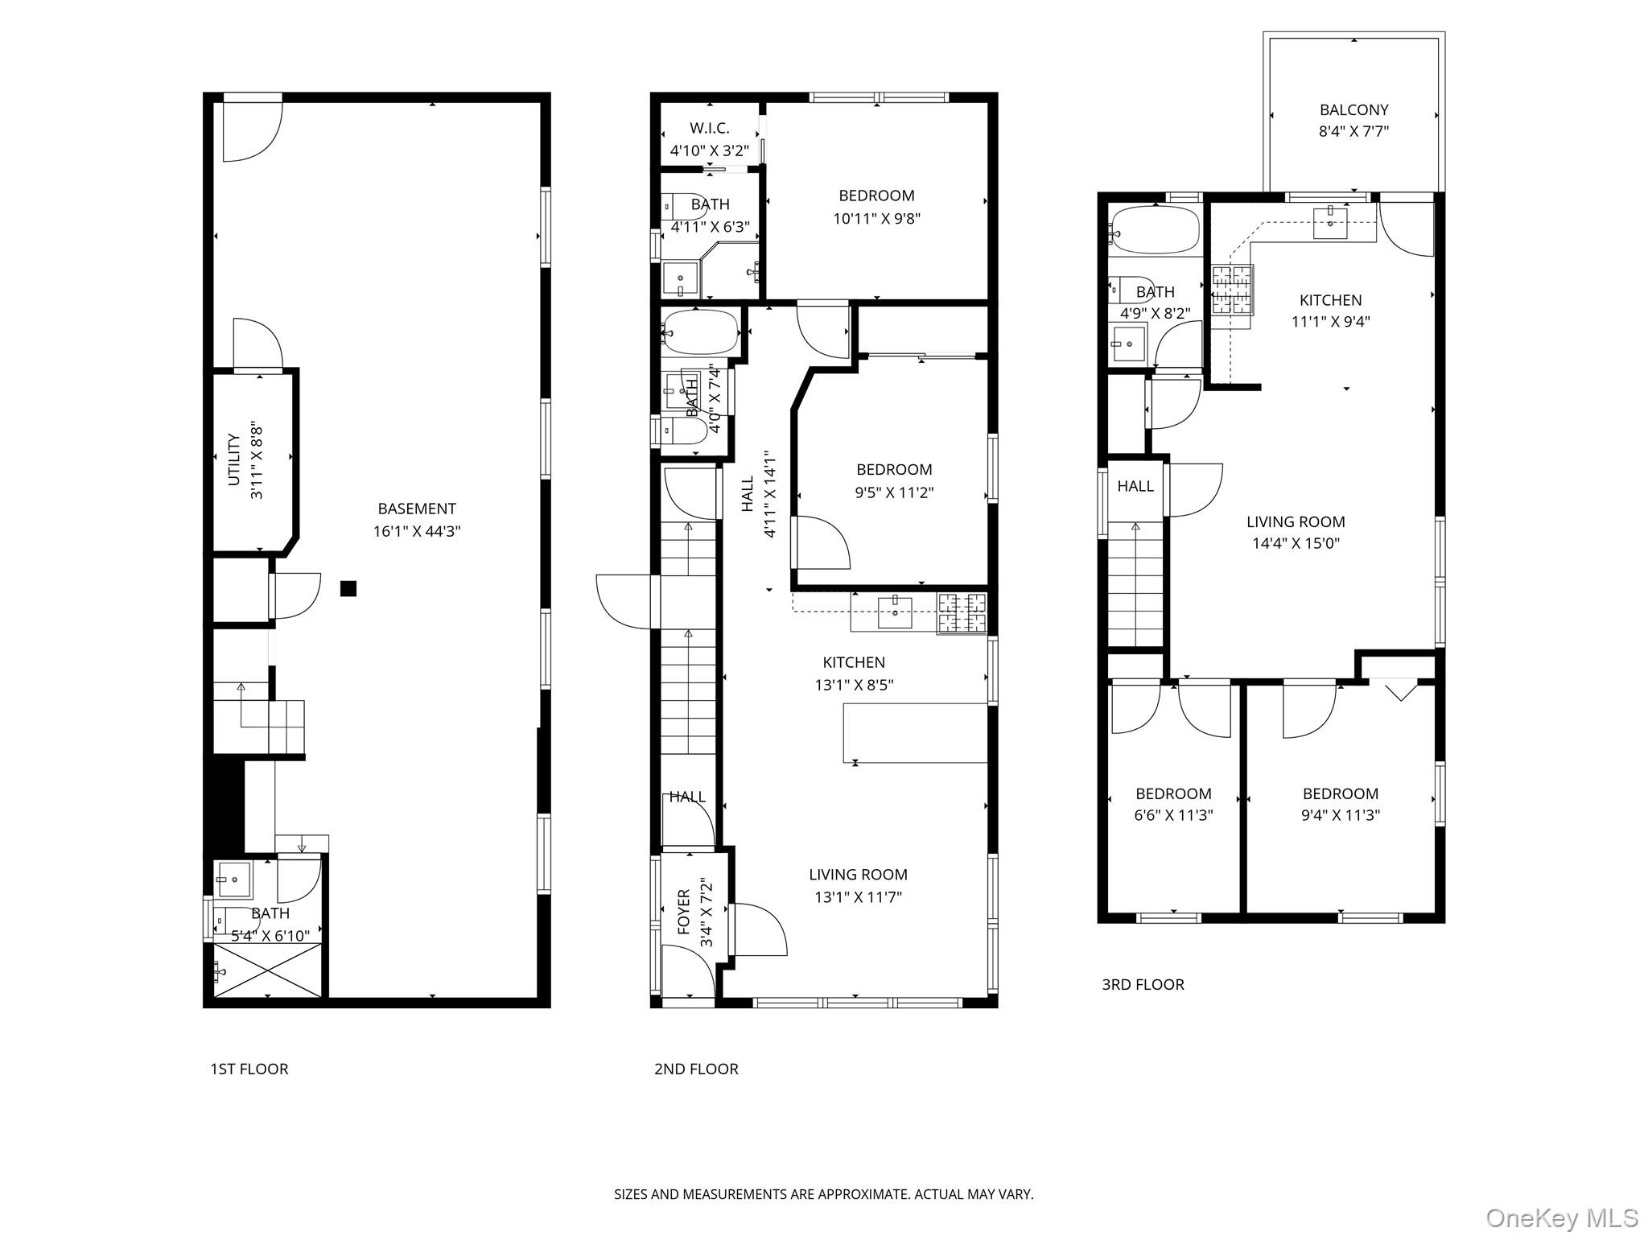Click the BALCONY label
click(1353, 109)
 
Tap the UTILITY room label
click(234, 459)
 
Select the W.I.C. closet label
click(710, 128)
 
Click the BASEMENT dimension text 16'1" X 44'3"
click(417, 531)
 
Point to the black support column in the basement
click(348, 588)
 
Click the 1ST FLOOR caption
click(249, 1069)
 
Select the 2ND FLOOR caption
click(696, 1069)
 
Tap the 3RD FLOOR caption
click(1143, 984)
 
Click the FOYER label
click(684, 912)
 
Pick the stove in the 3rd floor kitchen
click(1232, 289)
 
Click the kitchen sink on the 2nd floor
click(894, 612)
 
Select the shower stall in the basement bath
click(268, 971)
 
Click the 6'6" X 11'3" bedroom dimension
click(1173, 814)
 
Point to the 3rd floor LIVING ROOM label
click(1296, 521)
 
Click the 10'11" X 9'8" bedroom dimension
click(876, 218)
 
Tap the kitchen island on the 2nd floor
click(915, 732)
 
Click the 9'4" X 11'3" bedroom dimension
click(1341, 814)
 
